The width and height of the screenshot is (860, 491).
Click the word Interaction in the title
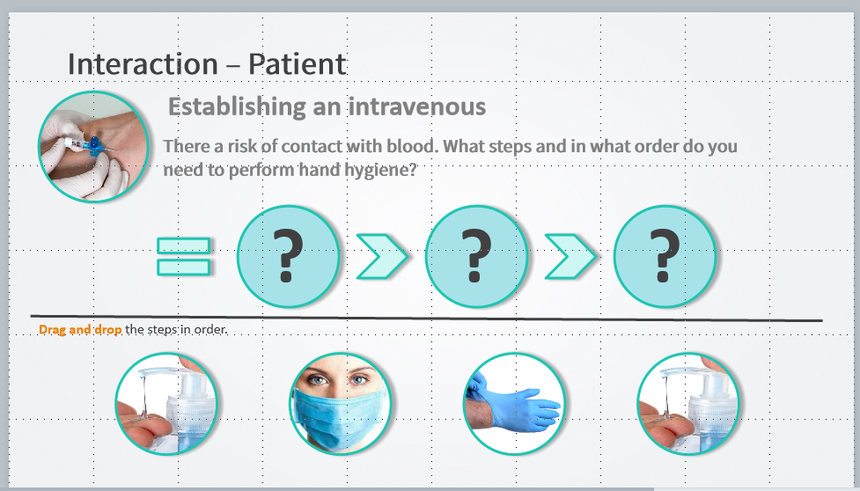pyautogui.click(x=143, y=64)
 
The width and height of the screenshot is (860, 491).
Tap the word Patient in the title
pyautogui.click(x=297, y=64)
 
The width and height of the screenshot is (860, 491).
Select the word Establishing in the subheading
pyautogui.click(x=237, y=106)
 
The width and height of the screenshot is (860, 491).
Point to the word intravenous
pyautogui.click(x=417, y=106)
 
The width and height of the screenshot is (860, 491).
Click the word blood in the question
pyautogui.click(x=412, y=146)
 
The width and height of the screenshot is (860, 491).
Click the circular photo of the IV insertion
pyautogui.click(x=94, y=146)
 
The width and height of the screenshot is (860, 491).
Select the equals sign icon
pyautogui.click(x=184, y=256)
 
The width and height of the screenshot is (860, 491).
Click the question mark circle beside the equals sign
pyautogui.click(x=289, y=256)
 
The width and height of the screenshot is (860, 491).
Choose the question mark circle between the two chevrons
pyautogui.click(x=476, y=256)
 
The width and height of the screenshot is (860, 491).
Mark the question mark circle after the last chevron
pyautogui.click(x=665, y=256)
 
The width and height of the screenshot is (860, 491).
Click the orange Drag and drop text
pyautogui.click(x=80, y=329)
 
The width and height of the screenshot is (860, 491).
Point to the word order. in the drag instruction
pyautogui.click(x=210, y=329)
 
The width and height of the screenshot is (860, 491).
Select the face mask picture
pyautogui.click(x=340, y=404)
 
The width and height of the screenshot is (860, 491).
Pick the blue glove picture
pyautogui.click(x=514, y=404)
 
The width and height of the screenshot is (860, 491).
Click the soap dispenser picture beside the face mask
pyautogui.click(x=166, y=404)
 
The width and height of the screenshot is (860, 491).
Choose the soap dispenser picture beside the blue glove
pyautogui.click(x=688, y=404)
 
